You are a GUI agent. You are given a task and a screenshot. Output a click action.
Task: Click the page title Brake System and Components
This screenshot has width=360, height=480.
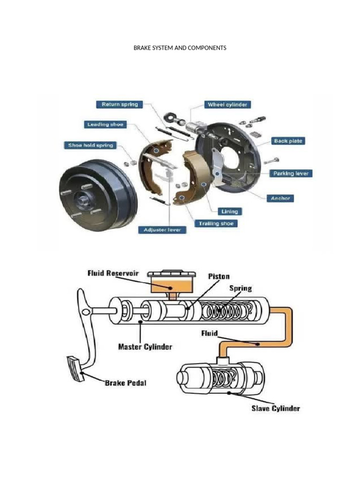180,48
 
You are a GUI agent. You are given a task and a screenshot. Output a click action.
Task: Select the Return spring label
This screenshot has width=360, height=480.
120,104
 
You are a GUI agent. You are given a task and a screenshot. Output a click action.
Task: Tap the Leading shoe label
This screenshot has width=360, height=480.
105,124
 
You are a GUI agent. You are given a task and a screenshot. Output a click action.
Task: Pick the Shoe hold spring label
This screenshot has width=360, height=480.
90,145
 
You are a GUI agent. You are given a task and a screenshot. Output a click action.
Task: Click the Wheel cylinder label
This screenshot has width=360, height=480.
227,105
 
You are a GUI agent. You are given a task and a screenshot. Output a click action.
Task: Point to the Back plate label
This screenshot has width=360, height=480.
289,141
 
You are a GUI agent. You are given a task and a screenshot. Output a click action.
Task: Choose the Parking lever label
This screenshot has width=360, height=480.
292,173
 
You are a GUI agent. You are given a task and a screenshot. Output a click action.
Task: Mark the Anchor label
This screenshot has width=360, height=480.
281,198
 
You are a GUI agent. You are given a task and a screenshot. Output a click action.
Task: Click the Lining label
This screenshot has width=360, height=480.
226,211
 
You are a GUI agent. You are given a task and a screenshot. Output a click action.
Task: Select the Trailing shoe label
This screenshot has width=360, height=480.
216,223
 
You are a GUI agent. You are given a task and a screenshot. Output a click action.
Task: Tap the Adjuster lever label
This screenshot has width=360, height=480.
162,230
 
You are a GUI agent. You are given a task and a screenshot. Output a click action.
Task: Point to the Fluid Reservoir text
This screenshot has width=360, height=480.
112,273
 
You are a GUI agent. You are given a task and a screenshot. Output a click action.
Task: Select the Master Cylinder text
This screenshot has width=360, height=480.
145,347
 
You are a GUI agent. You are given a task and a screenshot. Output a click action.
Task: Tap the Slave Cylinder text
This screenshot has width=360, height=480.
275,408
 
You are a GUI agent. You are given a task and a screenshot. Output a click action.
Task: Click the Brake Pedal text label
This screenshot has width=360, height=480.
125,383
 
